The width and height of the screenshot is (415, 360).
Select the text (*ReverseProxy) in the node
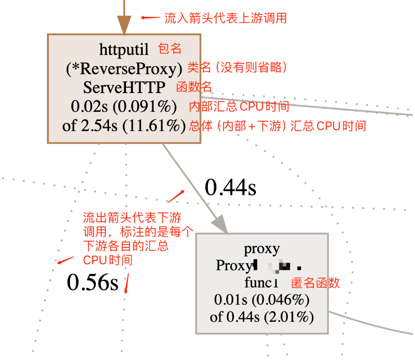point(124,68)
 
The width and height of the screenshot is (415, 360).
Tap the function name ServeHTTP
point(124,87)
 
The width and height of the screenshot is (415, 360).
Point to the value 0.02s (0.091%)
point(124,106)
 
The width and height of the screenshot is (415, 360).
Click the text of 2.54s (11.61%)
point(124,125)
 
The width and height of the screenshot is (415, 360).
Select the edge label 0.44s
point(230,188)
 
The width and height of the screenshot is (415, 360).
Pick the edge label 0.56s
point(93,282)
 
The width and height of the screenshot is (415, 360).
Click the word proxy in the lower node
point(262,249)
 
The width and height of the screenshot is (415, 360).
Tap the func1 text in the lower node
point(261,282)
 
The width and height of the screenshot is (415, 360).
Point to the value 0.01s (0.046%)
point(262,300)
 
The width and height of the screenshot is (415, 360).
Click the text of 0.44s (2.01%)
point(262,317)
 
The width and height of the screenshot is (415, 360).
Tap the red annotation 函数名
point(194,87)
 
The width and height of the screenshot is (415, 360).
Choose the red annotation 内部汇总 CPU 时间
point(239,106)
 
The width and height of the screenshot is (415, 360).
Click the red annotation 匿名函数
point(316,282)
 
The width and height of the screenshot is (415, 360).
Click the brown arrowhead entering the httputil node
point(124,23)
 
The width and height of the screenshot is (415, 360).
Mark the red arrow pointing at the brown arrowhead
point(150,18)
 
